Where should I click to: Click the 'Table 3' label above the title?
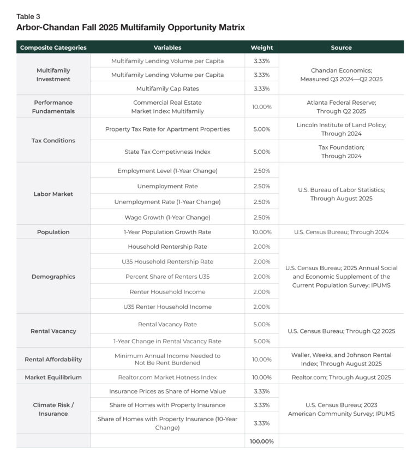(28, 16)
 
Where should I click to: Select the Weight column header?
(261, 47)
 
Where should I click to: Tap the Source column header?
(341, 47)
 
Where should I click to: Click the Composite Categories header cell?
(53, 47)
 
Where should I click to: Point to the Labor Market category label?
(53, 194)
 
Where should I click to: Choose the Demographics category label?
(53, 277)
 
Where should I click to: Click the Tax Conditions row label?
(53, 140)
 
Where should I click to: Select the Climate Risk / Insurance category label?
(53, 409)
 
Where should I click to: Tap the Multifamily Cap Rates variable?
(167, 88)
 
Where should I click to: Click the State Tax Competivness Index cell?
(167, 152)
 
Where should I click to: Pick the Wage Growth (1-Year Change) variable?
(167, 217)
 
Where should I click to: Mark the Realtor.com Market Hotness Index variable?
(167, 377)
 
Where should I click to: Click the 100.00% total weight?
(261, 441)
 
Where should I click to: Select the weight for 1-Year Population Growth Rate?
(261, 232)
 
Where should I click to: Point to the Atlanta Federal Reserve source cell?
(341, 106)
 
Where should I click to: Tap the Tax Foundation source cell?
(341, 152)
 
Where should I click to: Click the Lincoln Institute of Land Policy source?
(341, 129)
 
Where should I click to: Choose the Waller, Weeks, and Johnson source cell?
(341, 359)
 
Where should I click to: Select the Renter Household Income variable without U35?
(167, 292)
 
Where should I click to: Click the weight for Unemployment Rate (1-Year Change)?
(261, 202)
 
